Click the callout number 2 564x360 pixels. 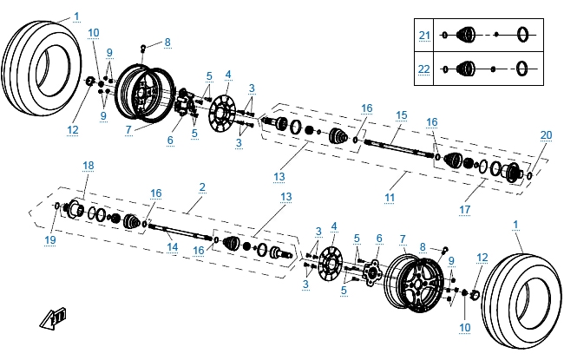pos(202,187)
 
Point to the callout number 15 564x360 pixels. pos(401,115)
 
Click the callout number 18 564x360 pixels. pos(88,165)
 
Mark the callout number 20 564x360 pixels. pos(545,134)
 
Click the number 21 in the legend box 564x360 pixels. pos(424,35)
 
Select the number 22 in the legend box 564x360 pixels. pos(424,68)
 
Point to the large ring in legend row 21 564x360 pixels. pos(523,35)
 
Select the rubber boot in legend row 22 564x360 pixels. pos(465,68)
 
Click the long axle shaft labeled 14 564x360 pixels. pos(182,232)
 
